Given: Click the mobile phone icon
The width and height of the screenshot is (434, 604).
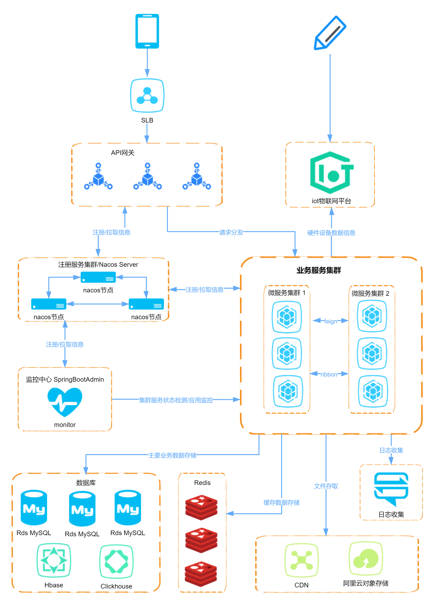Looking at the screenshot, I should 147,31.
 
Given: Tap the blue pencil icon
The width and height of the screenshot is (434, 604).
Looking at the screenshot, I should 330,33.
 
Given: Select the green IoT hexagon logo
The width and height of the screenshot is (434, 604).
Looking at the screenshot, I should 331,173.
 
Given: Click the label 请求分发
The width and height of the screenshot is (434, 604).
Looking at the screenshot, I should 231,232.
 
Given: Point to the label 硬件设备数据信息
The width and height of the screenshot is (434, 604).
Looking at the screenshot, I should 331,233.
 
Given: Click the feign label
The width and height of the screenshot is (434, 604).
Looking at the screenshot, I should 330,321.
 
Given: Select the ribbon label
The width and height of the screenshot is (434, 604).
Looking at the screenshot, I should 329,374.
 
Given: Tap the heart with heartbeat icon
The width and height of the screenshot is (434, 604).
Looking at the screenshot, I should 65,402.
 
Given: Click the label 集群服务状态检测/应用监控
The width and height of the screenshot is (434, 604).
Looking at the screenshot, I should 176,400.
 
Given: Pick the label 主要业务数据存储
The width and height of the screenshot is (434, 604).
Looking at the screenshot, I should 172,455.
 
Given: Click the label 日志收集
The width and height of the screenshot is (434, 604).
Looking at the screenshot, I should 391,450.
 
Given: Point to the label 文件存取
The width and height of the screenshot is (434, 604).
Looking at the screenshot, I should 326,486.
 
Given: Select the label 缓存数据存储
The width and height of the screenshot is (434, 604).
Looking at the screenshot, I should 282,502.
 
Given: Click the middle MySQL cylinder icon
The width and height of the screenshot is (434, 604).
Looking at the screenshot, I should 82,509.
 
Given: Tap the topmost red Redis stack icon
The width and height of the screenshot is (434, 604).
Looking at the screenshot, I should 201,507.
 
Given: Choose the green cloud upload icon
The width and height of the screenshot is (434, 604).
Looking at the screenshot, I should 366,558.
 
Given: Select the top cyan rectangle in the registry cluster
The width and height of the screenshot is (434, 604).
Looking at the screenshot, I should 98,277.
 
